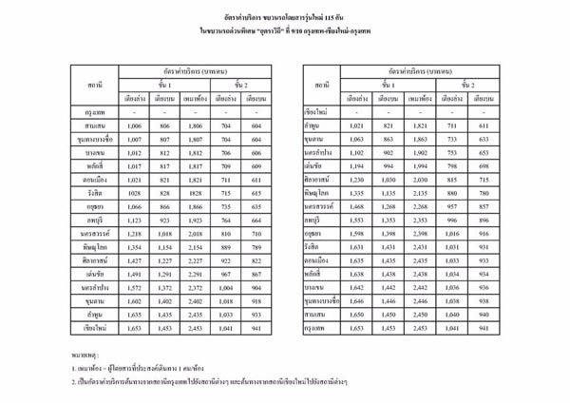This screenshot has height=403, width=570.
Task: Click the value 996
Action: pyautogui.click(x=451, y=218)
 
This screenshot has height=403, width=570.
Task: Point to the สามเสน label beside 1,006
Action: pyautogui.click(x=94, y=125)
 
